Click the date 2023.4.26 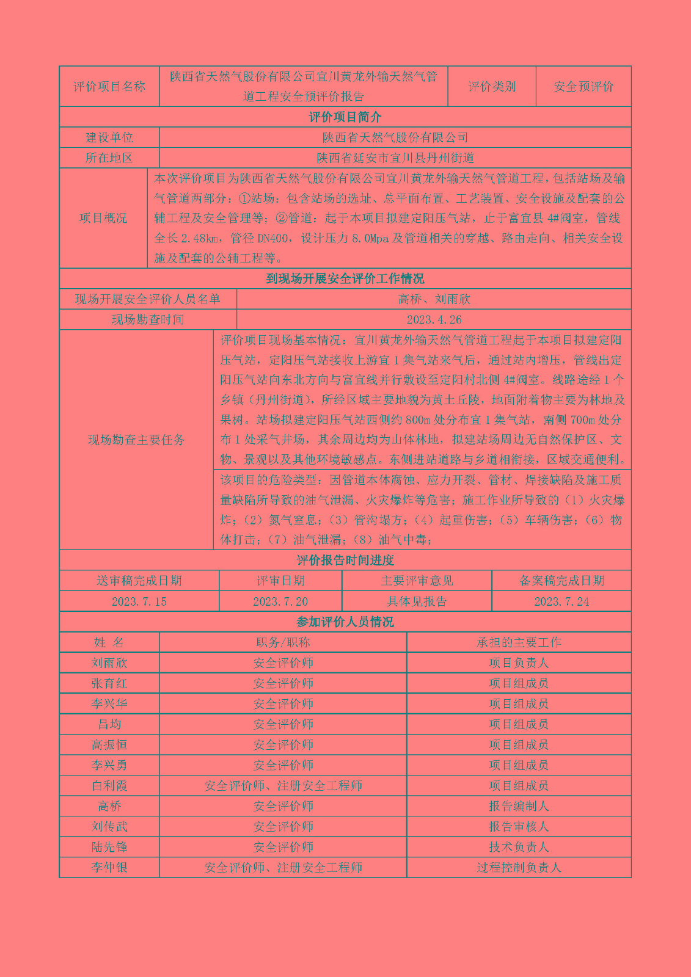click(434, 319)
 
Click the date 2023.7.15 click(139, 601)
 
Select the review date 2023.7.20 click(280, 601)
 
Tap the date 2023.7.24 click(561, 601)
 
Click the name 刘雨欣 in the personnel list click(109, 663)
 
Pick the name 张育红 click(109, 683)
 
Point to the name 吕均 click(109, 724)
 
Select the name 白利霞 click(109, 786)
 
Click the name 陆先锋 click(109, 847)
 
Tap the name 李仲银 click(109, 867)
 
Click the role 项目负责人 click(519, 663)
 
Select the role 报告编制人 click(519, 806)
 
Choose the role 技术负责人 click(519, 847)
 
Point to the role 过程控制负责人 click(519, 867)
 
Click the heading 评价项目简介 click(345, 117)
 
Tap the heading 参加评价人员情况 click(345, 622)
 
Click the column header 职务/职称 click(283, 642)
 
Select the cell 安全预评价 click(583, 87)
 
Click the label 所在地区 click(109, 158)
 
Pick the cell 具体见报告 click(417, 601)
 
